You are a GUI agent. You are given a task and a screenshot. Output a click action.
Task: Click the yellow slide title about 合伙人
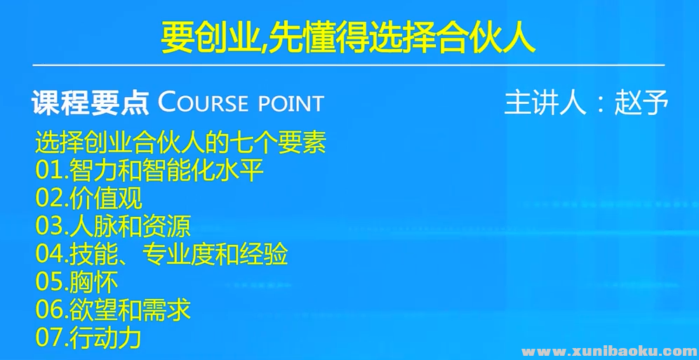tap(348, 39)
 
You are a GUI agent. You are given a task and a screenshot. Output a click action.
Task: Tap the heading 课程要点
tap(90, 102)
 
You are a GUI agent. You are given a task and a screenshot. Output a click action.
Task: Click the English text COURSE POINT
tap(241, 102)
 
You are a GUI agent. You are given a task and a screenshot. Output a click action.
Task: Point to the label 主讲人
tap(545, 102)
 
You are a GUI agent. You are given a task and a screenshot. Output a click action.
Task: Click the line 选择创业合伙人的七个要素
tap(180, 143)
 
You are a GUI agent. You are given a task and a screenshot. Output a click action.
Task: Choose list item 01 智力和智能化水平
tap(149, 171)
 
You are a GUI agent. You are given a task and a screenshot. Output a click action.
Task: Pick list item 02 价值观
tap(88, 198)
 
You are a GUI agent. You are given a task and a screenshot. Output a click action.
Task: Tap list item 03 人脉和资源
tap(113, 226)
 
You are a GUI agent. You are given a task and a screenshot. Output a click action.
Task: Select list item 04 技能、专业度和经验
tap(161, 254)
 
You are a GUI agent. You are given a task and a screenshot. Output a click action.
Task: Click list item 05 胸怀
tap(76, 282)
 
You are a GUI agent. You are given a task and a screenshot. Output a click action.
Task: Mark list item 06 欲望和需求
tap(113, 309)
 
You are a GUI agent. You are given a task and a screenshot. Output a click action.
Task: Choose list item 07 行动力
tap(88, 338)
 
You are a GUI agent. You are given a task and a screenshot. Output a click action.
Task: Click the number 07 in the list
tap(49, 338)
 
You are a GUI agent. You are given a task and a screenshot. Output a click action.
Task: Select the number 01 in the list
tap(49, 171)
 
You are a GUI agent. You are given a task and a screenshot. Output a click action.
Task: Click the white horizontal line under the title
tap(348, 65)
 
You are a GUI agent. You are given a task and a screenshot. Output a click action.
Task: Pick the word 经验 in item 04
tap(265, 254)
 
